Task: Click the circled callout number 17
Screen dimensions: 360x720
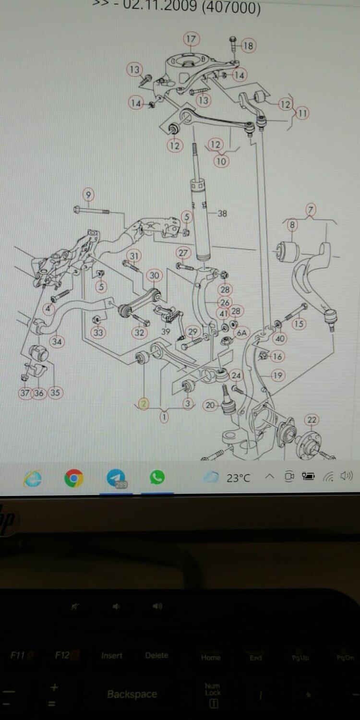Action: coord(191,39)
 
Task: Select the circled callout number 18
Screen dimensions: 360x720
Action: coord(248,46)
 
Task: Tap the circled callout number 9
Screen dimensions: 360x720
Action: coord(88,195)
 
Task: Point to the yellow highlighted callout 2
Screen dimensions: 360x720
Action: coord(144,404)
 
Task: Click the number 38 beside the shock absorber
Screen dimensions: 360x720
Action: coord(222,214)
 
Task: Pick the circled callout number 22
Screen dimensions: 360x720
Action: coord(312,420)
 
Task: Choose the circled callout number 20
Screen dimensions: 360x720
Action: coord(210,405)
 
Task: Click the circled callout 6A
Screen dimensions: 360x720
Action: coord(241,332)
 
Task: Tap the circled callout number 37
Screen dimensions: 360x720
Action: coord(25,393)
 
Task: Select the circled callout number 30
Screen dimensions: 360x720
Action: coord(154,276)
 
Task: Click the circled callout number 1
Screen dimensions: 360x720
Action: coord(164,417)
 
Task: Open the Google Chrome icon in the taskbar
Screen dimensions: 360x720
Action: coord(74,478)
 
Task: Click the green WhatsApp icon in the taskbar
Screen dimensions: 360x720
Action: coord(157,477)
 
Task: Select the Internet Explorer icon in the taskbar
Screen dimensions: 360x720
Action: coord(33,478)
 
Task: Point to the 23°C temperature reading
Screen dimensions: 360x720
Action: coord(238,478)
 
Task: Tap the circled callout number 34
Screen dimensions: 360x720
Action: coord(57,342)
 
